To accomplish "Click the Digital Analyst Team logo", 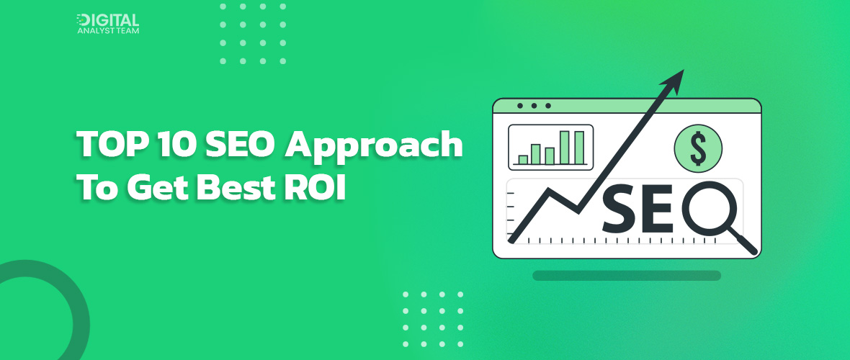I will [107, 24].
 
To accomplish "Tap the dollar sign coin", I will [698, 148].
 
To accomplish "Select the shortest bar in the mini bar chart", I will [524, 159].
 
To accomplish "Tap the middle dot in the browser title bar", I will [534, 106].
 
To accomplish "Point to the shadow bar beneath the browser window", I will [627, 275].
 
